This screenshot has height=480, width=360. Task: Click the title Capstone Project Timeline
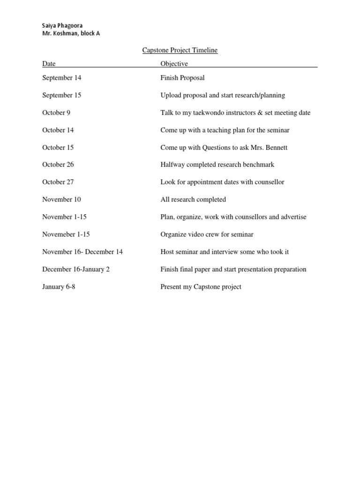tap(180, 51)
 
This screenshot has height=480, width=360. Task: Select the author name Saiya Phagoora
tap(64, 25)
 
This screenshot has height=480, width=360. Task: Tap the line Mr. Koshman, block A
tap(71, 33)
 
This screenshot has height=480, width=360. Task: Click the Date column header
tap(49, 64)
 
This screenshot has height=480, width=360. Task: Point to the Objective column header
tap(174, 64)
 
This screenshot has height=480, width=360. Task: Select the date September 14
tap(61, 78)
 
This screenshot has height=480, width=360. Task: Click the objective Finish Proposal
tap(182, 78)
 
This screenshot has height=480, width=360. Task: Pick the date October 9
tap(57, 112)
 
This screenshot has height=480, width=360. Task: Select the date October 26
tap(58, 165)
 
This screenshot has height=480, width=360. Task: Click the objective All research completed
tap(193, 200)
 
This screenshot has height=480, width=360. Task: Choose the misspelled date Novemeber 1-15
tap(66, 234)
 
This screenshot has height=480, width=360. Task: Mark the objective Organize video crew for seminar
tap(207, 234)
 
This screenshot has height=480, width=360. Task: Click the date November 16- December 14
tap(82, 252)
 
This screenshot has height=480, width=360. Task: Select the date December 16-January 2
tap(76, 270)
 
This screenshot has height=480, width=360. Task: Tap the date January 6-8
tap(59, 286)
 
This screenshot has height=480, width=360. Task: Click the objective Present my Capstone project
tap(201, 286)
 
